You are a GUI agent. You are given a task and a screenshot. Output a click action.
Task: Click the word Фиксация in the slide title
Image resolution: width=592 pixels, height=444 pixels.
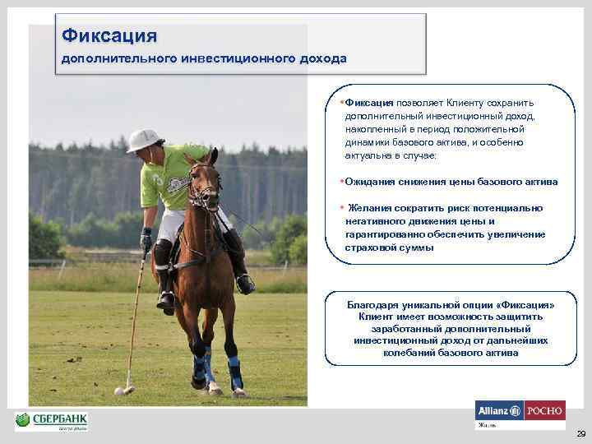tap(109, 36)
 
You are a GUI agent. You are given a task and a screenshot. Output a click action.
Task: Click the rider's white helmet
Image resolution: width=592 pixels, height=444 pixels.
tap(142, 141)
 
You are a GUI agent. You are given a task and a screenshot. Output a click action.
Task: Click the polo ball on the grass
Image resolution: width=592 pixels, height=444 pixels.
tap(119, 391)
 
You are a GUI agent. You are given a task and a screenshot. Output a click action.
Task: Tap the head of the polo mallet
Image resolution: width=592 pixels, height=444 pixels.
tap(128, 384)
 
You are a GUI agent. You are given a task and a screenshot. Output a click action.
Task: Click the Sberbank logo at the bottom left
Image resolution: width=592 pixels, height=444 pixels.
tap(51, 420)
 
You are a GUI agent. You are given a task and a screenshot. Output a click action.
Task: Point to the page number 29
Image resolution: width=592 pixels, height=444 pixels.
tap(580, 433)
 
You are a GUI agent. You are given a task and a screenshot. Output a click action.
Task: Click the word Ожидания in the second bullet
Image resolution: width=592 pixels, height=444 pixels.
tap(368, 182)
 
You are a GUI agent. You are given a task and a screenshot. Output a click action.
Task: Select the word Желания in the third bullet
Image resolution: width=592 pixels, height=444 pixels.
tap(370, 208)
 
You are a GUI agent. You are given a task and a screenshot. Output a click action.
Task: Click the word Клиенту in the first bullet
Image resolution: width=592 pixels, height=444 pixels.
tap(466, 103)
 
